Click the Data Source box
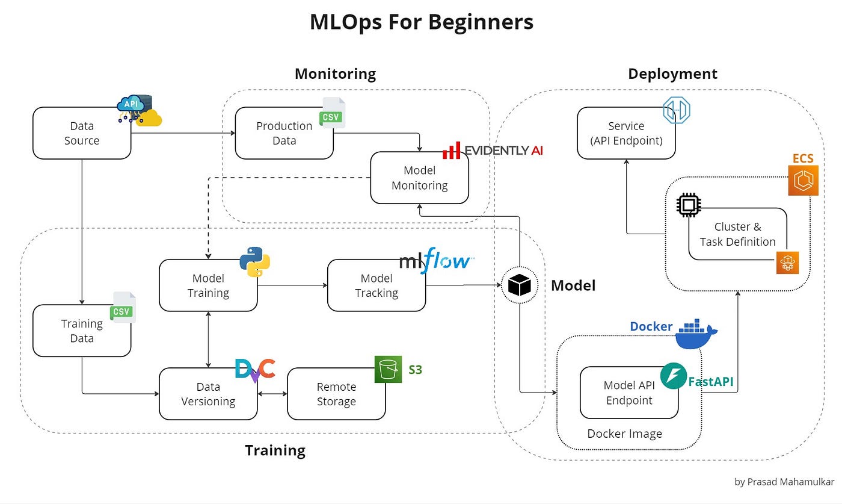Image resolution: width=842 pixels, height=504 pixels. (x=82, y=133)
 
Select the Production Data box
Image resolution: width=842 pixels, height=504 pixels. (x=284, y=133)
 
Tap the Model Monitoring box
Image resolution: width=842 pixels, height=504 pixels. (x=419, y=178)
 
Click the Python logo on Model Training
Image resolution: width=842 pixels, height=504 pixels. (x=255, y=261)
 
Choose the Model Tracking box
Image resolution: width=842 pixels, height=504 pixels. (x=376, y=285)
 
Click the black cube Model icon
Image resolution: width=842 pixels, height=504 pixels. (x=520, y=285)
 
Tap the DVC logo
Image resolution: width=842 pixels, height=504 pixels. (x=255, y=370)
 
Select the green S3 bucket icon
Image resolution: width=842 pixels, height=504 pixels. (x=388, y=369)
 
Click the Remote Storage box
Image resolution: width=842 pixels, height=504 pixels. (x=336, y=394)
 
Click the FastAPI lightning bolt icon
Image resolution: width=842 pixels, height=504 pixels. (x=674, y=376)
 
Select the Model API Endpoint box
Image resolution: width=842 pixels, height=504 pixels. (x=629, y=393)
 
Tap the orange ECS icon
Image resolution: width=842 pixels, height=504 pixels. (x=804, y=180)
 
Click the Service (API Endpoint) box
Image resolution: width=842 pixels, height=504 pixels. (x=626, y=133)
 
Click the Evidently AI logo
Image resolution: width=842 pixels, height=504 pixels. (x=493, y=150)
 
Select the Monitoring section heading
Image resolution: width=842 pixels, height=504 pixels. (x=335, y=74)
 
